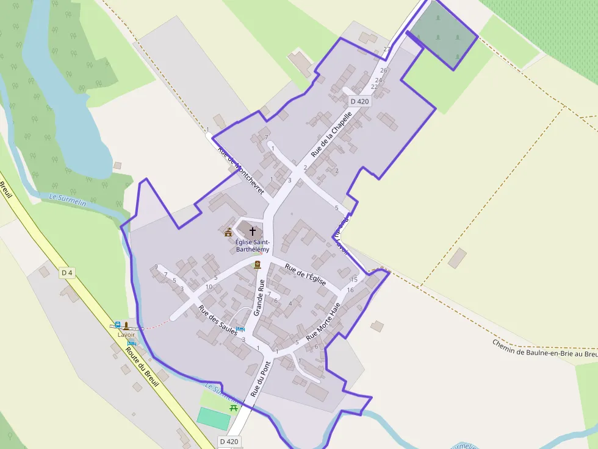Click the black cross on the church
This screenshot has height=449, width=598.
click(x=253, y=232)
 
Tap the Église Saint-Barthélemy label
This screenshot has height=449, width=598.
click(x=252, y=246)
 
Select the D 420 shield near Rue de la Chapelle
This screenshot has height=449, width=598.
click(x=359, y=101)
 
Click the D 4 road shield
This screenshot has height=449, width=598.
click(x=67, y=273)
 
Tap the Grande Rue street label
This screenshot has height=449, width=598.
click(x=259, y=297)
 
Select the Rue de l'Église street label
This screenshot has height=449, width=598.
click(x=304, y=277)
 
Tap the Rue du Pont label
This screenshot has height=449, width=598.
click(x=260, y=379)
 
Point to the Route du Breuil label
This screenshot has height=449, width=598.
click(x=142, y=366)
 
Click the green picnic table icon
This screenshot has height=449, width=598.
click(x=233, y=408)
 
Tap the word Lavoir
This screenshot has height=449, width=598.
click(x=126, y=334)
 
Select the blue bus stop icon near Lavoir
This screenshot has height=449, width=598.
click(x=117, y=325)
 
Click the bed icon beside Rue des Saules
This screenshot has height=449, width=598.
click(x=240, y=329)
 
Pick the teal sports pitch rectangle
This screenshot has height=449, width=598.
click(x=213, y=418)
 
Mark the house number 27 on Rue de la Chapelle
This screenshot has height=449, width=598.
click(x=386, y=49)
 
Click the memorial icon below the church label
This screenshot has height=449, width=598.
click(x=257, y=264)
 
